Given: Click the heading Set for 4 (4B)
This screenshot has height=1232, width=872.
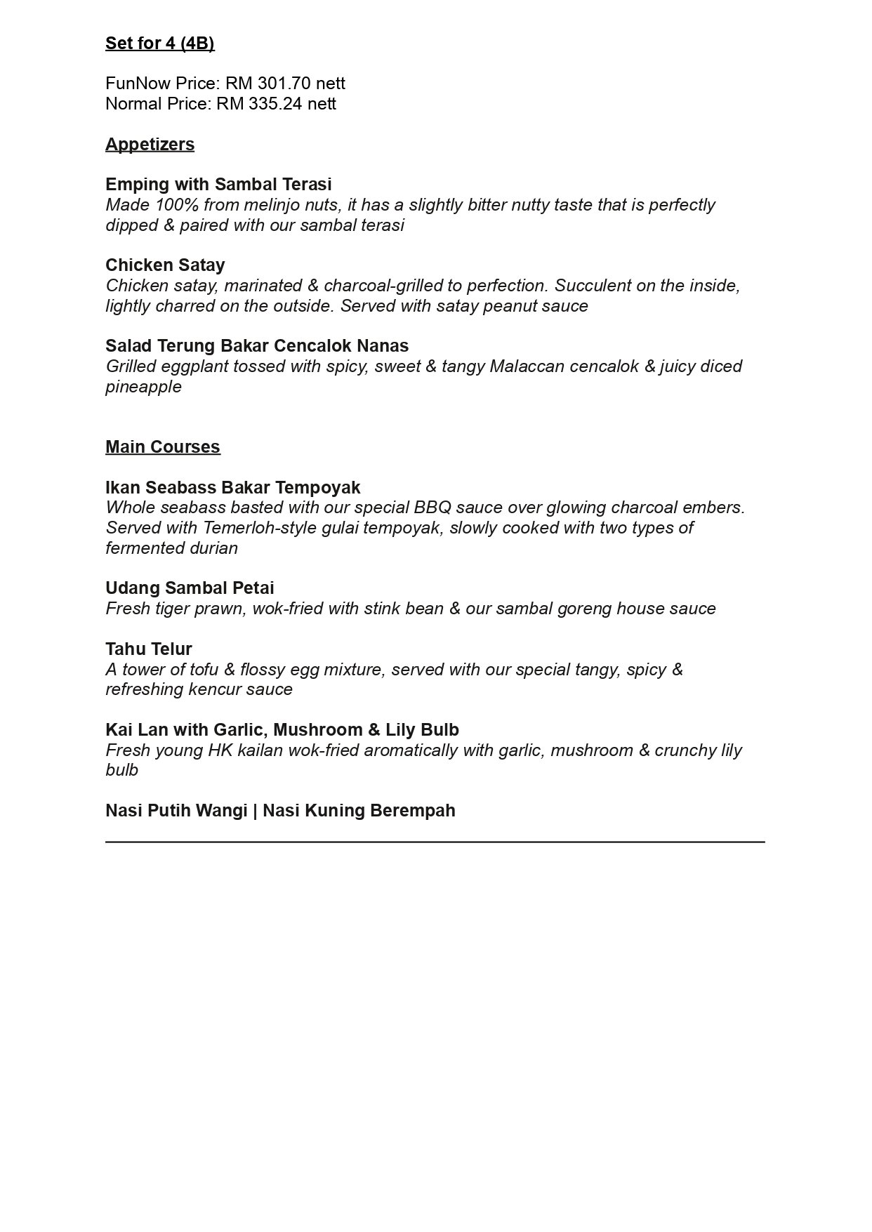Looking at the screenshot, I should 159,44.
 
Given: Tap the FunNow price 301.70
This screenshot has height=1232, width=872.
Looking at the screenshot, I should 284,84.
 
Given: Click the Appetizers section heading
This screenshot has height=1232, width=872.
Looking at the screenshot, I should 150,145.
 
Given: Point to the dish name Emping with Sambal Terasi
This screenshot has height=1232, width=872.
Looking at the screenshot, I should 218,185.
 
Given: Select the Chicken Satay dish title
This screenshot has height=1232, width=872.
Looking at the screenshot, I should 165,265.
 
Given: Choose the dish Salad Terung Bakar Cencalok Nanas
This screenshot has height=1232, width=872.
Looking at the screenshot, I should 257,346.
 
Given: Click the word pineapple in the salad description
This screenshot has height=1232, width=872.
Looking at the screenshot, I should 143,387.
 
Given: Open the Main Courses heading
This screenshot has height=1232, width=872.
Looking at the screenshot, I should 163,447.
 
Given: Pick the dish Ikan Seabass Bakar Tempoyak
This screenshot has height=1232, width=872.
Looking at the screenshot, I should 233,488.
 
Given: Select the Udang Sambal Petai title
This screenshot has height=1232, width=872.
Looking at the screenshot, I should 190,588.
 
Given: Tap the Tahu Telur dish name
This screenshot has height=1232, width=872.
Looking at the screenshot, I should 149,649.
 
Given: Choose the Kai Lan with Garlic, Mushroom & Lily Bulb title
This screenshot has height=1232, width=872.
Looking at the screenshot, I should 282,730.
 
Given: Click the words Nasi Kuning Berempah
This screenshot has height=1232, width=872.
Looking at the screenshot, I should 359,811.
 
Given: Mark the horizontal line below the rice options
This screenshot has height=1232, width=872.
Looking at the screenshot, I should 435,841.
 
